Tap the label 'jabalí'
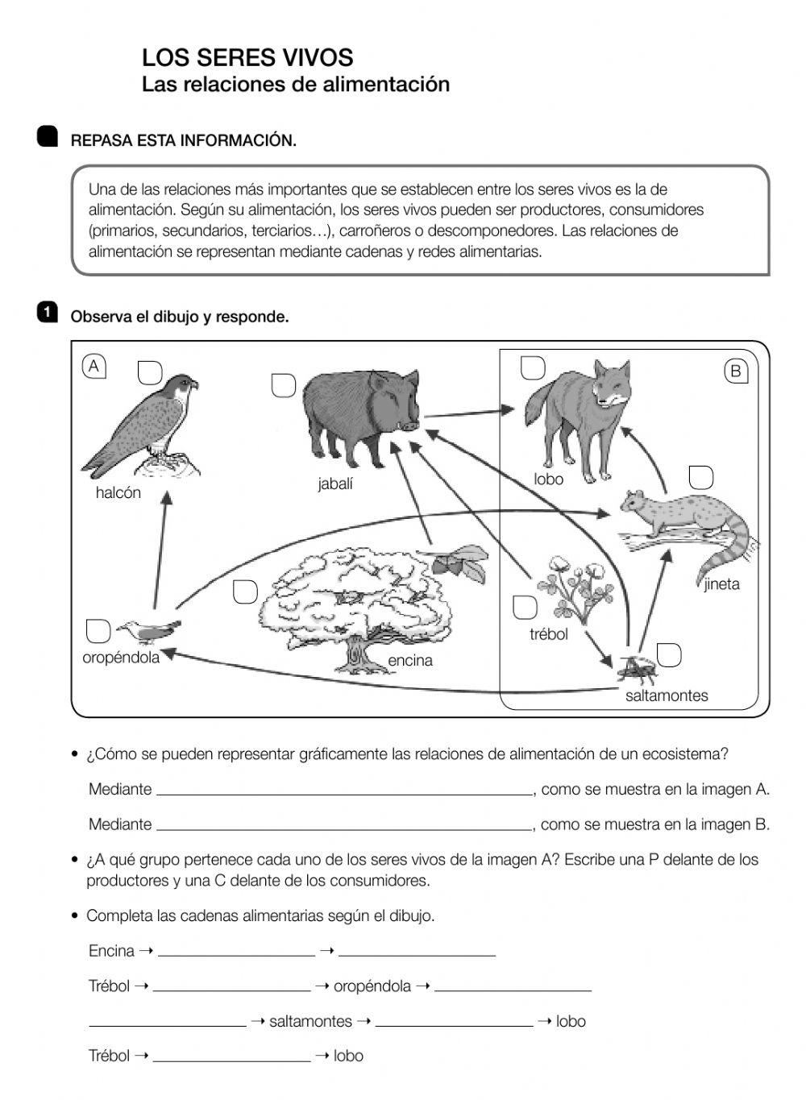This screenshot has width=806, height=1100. pos(334,484)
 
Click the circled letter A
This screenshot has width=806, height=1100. pos(94,367)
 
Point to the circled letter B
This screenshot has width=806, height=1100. pos(735,372)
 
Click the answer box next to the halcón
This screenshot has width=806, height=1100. pos(150,372)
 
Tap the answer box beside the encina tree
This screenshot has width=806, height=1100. pos(245,592)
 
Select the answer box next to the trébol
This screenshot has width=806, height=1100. pos(525,608)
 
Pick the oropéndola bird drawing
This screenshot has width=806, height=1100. pos(149,630)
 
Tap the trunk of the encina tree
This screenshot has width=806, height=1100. pos(355,653)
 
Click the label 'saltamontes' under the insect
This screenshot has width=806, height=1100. pos(667,695)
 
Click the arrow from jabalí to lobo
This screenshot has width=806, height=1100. pos(467,413)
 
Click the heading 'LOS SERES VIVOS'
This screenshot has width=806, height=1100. pos(247,58)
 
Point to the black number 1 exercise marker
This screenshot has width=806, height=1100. pos(48,312)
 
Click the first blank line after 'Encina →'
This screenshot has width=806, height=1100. pos(236,951)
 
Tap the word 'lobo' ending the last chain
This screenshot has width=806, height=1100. pos(348,1056)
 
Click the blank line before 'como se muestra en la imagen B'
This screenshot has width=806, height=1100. pos(344,824)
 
